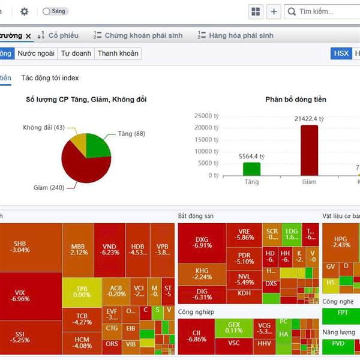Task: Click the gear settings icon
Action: pos(25,11)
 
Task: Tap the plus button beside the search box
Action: pos(274,11)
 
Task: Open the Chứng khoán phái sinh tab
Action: pos(139,35)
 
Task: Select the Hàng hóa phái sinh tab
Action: pos(236,35)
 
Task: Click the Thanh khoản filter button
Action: pos(118,53)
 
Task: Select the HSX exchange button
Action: pos(341,53)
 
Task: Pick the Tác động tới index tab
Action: pos(50,78)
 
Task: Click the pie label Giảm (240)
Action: pos(49,188)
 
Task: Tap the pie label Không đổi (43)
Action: pos(44,128)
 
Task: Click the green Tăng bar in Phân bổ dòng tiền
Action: pos(251,169)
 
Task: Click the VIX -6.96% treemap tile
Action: pos(20,296)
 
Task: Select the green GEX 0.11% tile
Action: pos(234,328)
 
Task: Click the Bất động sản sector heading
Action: pos(196,216)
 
